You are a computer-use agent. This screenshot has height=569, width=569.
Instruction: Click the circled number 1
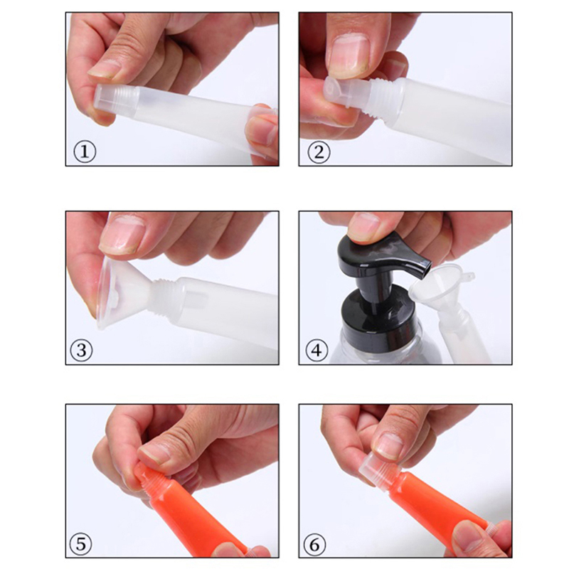tap(85, 152)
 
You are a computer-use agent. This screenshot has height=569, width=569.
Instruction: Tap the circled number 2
tap(319, 152)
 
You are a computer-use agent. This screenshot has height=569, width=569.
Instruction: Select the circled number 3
tap(81, 350)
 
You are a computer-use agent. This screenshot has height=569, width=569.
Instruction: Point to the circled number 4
tap(317, 351)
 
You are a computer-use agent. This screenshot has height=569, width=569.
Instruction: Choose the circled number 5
tap(80, 544)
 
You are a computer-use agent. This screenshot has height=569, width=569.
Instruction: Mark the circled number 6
tap(314, 545)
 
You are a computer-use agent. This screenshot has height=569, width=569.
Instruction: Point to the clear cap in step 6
tap(378, 468)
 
